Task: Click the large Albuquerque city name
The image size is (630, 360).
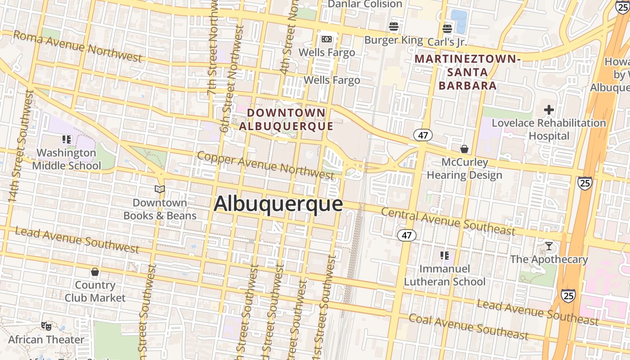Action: [x=278, y=204]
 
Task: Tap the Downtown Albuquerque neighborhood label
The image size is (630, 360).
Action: [x=286, y=119]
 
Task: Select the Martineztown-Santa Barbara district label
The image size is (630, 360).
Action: [x=468, y=72]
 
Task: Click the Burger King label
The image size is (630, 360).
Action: [x=393, y=40]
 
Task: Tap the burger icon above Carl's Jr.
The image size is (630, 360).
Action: [x=447, y=29]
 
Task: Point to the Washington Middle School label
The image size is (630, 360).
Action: [x=67, y=159]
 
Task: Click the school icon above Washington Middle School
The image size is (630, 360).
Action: [x=67, y=139]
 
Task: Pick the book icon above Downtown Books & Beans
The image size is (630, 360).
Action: [x=160, y=189]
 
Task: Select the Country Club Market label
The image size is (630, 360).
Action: [x=95, y=291]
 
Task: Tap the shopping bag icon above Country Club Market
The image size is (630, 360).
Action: [x=95, y=272]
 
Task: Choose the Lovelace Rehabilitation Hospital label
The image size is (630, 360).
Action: [x=549, y=129]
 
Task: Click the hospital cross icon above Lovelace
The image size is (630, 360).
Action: [x=549, y=110]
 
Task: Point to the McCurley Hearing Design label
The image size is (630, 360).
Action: [x=464, y=168]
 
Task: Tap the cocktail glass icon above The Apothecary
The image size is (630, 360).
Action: [x=549, y=246]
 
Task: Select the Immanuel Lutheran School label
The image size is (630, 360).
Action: [x=445, y=275]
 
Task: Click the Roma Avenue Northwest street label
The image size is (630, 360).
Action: [x=77, y=46]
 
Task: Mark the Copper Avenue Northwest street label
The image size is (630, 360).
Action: [x=265, y=165]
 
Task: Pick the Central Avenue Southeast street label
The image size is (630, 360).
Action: [x=448, y=221]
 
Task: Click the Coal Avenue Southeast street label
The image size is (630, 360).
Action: [x=468, y=327]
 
